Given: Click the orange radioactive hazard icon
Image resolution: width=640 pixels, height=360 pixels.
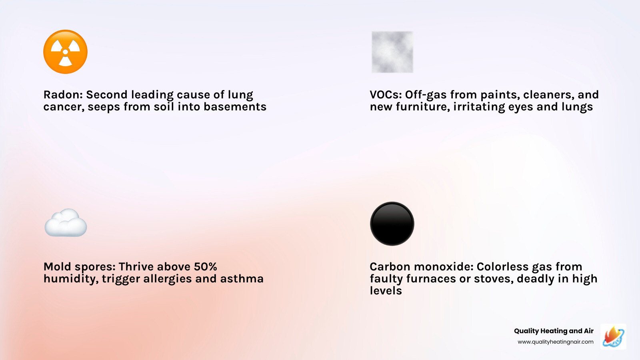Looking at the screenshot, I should pos(65,52).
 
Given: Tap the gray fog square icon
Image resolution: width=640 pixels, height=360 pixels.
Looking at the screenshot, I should pos(392,52).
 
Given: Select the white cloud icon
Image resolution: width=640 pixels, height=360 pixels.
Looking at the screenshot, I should pos(66,223).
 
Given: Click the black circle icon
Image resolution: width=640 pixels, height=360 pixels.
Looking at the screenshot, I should pos(392,224).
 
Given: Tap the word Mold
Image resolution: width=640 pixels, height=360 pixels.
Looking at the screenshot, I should pos(58,267).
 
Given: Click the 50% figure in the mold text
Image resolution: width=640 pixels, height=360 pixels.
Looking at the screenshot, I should pos(205,267).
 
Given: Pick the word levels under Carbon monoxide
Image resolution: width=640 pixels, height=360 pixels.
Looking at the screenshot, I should pos(386,291).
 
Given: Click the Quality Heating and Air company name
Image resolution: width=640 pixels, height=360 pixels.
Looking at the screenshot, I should pos(554,331).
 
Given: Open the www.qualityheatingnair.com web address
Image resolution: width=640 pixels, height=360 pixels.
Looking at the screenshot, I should pos(555,342).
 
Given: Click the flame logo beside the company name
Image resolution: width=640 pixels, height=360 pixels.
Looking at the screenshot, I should pos(613,336).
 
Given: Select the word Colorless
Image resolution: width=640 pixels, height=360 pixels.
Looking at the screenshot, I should pos(502,267).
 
